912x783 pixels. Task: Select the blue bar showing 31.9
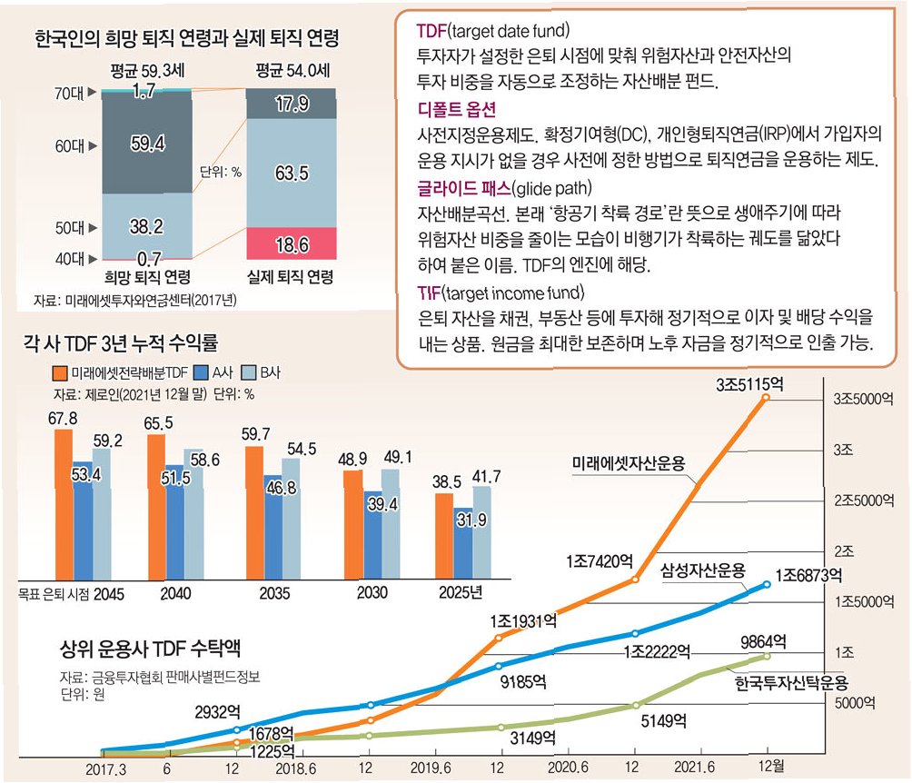point(463,545)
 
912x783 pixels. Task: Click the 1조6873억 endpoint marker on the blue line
point(768,584)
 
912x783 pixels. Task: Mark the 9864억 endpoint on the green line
point(768,655)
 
